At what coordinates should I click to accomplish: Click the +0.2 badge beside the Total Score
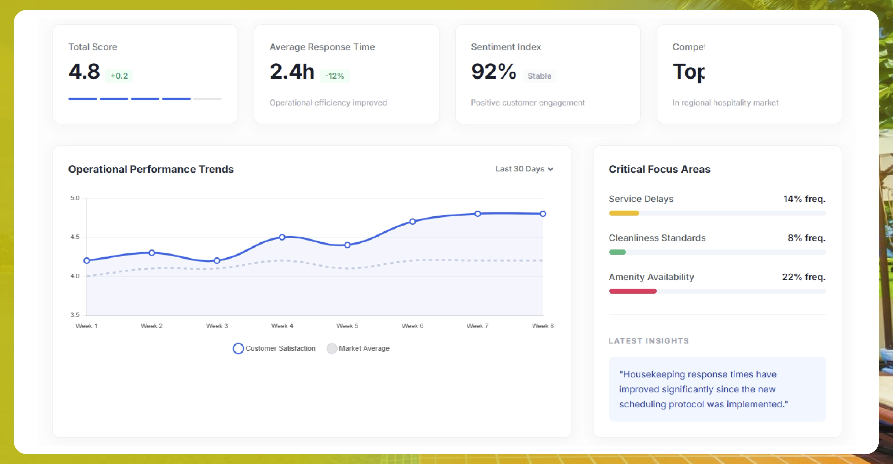119,76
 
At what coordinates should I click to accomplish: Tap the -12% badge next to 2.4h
334,76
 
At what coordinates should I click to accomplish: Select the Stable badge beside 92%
539,76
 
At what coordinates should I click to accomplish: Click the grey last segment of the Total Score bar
207,99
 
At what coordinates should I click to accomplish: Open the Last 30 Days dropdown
524,169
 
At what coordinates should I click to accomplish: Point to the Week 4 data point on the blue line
282,237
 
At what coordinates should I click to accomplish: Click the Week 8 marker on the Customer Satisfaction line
543,214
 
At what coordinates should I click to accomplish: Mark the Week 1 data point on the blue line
87,261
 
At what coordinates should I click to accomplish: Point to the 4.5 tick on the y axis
75,237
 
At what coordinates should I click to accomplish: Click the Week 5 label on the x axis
347,326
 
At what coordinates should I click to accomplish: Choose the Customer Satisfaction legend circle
238,349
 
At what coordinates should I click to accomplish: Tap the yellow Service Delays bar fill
624,213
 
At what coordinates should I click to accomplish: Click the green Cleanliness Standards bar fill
617,252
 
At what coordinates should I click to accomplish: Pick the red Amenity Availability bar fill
632,291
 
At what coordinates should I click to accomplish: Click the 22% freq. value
804,277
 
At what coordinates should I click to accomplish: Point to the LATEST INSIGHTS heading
648,341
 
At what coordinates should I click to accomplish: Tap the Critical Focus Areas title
659,169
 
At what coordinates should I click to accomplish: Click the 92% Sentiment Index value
493,71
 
